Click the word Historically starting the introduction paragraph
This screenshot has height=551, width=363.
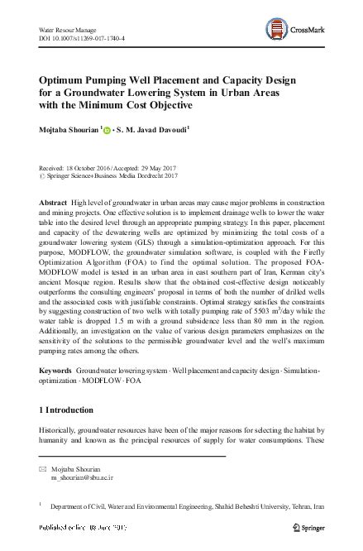[63, 431]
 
